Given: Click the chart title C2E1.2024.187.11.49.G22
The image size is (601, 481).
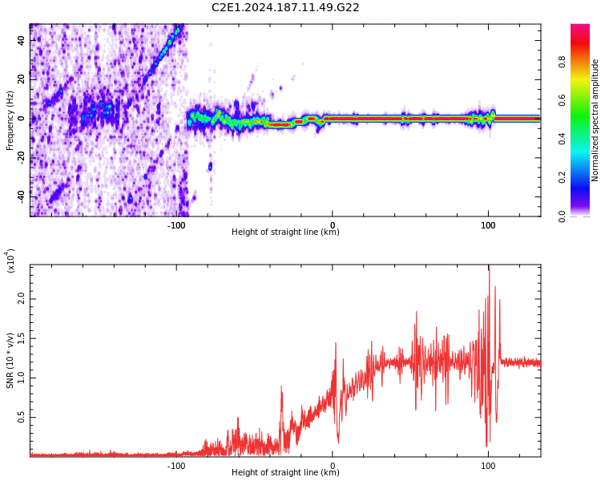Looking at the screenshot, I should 285,7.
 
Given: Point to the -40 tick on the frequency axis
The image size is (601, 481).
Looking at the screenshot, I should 20,196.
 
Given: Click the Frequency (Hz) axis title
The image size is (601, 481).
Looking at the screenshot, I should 10,120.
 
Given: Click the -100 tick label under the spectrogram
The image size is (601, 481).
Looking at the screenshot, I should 176,225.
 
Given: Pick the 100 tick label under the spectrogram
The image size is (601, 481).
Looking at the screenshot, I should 488,225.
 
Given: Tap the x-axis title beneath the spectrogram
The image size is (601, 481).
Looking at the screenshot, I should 285,232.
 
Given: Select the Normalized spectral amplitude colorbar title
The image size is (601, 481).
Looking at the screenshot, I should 595,120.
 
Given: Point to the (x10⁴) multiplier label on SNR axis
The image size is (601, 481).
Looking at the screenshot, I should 11,261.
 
